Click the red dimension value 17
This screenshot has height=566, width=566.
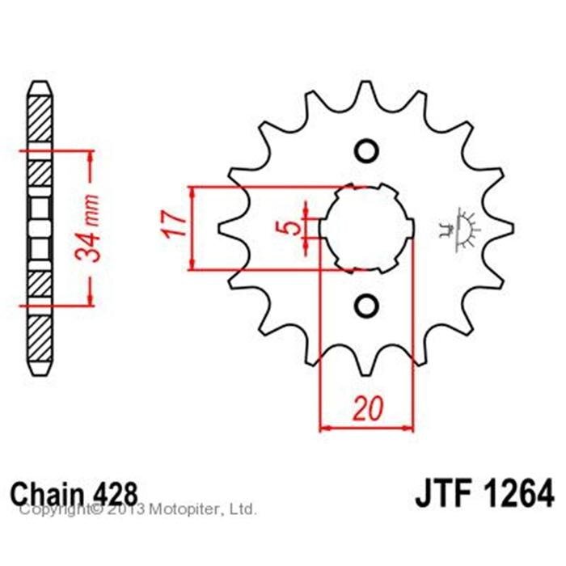point(175,224)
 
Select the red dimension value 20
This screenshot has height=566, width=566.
point(367,408)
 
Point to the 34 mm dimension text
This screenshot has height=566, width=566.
point(87,228)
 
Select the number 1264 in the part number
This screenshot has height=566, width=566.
point(518,494)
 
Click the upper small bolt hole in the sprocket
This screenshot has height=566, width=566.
point(367,150)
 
